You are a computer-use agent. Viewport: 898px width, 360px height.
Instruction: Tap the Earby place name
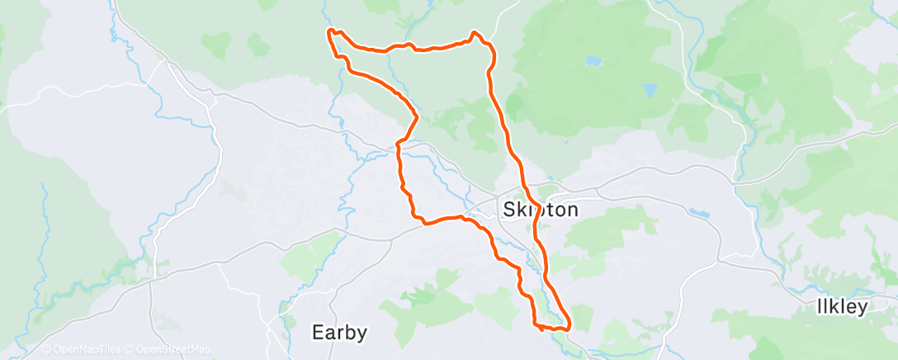click(x=338, y=333)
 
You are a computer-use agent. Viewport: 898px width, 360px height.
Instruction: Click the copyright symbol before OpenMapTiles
click(x=46, y=350)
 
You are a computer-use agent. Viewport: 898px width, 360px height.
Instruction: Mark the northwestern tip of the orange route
click(x=330, y=31)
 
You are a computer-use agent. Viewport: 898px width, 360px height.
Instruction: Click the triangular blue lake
click(x=650, y=90)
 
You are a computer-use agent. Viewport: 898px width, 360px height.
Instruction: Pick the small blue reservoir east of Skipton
click(x=697, y=212)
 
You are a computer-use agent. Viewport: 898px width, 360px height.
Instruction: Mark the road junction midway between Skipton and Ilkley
click(x=721, y=261)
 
